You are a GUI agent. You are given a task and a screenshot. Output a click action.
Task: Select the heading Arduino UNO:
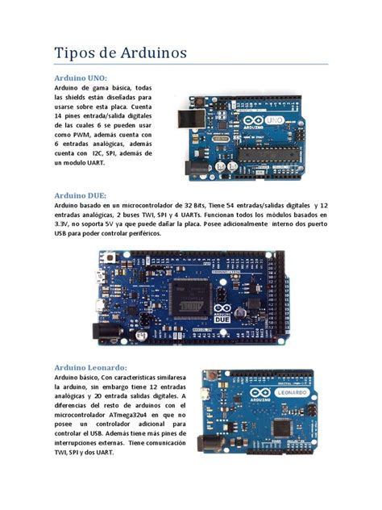[x=81, y=77]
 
